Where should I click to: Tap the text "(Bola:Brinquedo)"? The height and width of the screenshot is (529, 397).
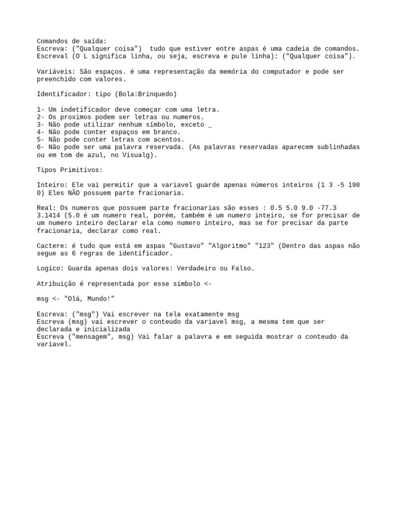click(x=146, y=94)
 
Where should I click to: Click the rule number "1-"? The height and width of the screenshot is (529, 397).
click(x=41, y=110)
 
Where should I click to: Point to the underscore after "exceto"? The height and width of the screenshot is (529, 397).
click(x=210, y=125)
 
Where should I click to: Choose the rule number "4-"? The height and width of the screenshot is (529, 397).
click(x=41, y=132)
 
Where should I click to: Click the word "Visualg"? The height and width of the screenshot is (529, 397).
click(x=140, y=154)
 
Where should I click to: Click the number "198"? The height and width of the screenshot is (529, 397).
click(x=354, y=185)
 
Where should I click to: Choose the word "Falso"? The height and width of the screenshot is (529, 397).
click(x=241, y=269)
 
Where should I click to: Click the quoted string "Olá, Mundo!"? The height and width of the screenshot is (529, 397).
click(x=89, y=299)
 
